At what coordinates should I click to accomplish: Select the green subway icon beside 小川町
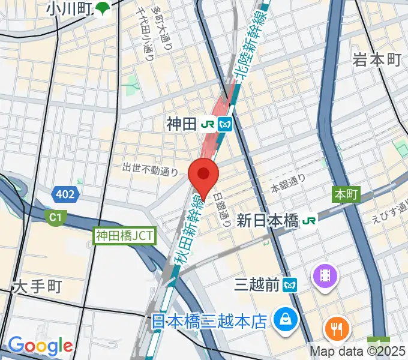coord(104,8)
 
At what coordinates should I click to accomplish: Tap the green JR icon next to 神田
coord(209,124)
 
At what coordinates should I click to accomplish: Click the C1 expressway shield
coord(56,215)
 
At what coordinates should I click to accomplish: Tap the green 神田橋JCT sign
coord(125,236)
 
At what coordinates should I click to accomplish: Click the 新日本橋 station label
coord(268,220)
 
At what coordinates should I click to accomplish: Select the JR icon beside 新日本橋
coord(310,220)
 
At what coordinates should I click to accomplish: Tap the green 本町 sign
coord(346,194)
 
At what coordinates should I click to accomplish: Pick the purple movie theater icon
coord(325,275)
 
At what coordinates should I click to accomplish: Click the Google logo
coord(40,346)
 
